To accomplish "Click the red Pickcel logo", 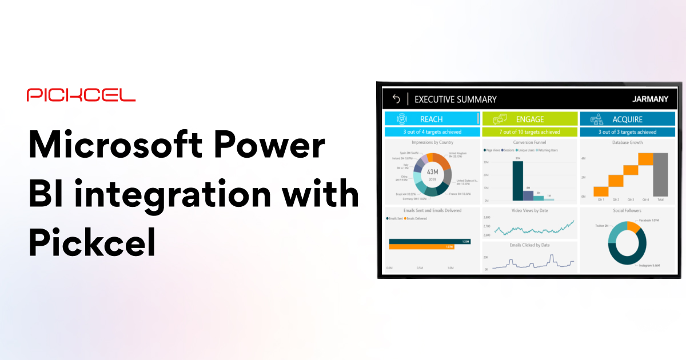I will pos(81,95).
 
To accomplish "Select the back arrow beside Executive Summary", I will pos(396,99).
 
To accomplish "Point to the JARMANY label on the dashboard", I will pos(650,99).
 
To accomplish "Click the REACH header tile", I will pos(432,119).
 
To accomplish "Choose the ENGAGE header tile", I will pos(529,119).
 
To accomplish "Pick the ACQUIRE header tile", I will pos(627,119).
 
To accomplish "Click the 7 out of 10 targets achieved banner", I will pos(529,132).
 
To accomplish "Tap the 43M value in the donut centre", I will pos(432,171).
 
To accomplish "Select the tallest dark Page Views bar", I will pos(517,181).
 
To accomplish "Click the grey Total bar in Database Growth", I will pos(660,174).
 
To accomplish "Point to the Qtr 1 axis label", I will pos(600,200).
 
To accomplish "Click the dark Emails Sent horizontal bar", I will pos(429,241).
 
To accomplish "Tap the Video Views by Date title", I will pos(529,210).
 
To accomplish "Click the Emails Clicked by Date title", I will pos(529,245).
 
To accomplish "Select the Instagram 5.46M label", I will pos(649,266).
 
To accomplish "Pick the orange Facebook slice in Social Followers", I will pos(633,227).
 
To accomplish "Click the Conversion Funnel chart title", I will pos(529,142).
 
